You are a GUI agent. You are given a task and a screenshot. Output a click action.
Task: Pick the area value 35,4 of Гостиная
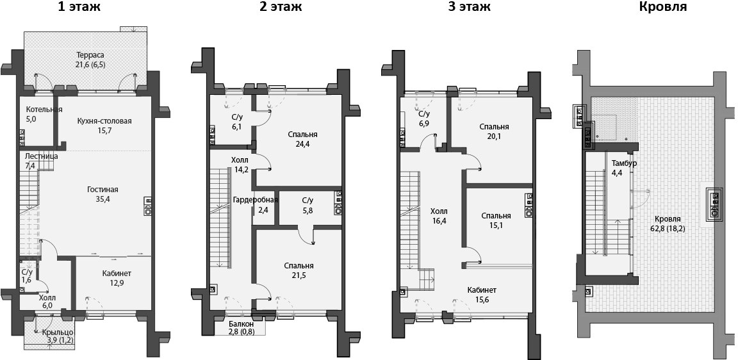(102, 199)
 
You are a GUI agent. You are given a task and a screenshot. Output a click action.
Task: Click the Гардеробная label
(255, 200)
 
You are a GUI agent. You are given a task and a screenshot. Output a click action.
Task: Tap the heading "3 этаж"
(468, 8)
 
